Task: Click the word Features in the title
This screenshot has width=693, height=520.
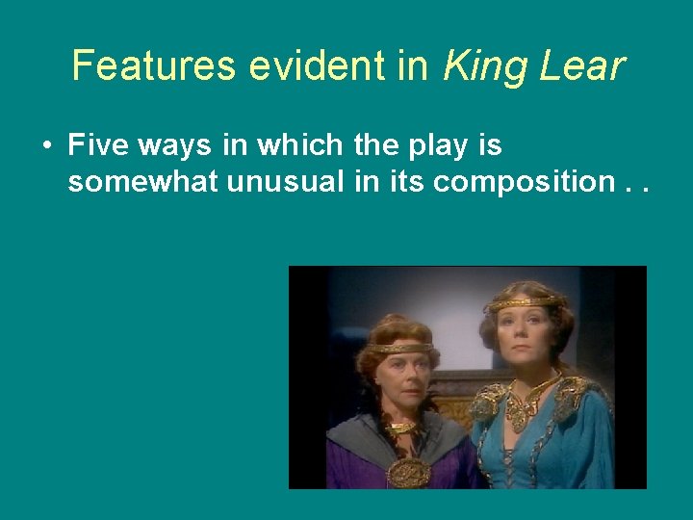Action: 153,66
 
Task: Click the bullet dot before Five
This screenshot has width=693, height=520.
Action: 46,147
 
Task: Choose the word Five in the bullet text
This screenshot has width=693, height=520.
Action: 100,146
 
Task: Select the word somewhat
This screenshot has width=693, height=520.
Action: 142,183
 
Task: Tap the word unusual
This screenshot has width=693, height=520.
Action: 282,183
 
